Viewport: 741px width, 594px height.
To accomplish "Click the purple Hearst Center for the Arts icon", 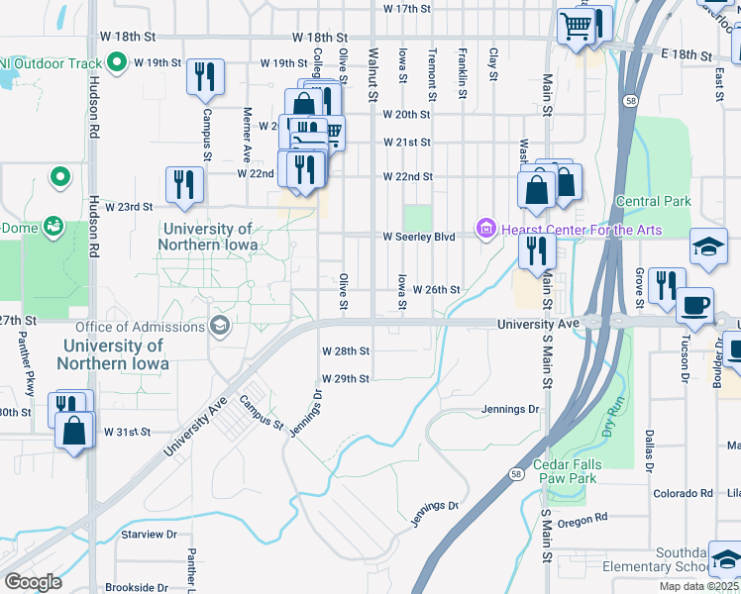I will pyautogui.click(x=485, y=230).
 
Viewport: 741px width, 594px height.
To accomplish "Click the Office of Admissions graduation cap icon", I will pyautogui.click(x=219, y=327).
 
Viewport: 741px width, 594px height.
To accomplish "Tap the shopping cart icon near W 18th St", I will pyautogui.click(x=576, y=27).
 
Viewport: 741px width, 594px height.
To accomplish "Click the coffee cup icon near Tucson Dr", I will pyautogui.click(x=694, y=303).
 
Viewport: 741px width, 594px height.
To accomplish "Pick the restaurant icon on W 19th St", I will pyautogui.click(x=205, y=77).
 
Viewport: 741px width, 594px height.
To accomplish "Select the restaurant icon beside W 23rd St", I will pyautogui.click(x=184, y=184).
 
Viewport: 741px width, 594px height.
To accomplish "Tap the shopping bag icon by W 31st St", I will pyautogui.click(x=73, y=431).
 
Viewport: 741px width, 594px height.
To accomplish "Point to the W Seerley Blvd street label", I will pyautogui.click(x=419, y=237).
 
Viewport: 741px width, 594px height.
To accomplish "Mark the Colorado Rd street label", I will pyautogui.click(x=683, y=493).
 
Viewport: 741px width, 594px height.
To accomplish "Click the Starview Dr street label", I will pyautogui.click(x=148, y=534).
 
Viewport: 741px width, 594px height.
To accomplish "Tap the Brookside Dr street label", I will pyautogui.click(x=136, y=587).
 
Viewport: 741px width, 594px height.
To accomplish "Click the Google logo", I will pyautogui.click(x=33, y=582).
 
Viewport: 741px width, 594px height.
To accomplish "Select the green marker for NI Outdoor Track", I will pyautogui.click(x=117, y=63).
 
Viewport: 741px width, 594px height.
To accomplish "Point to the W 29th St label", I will pyautogui.click(x=346, y=379).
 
